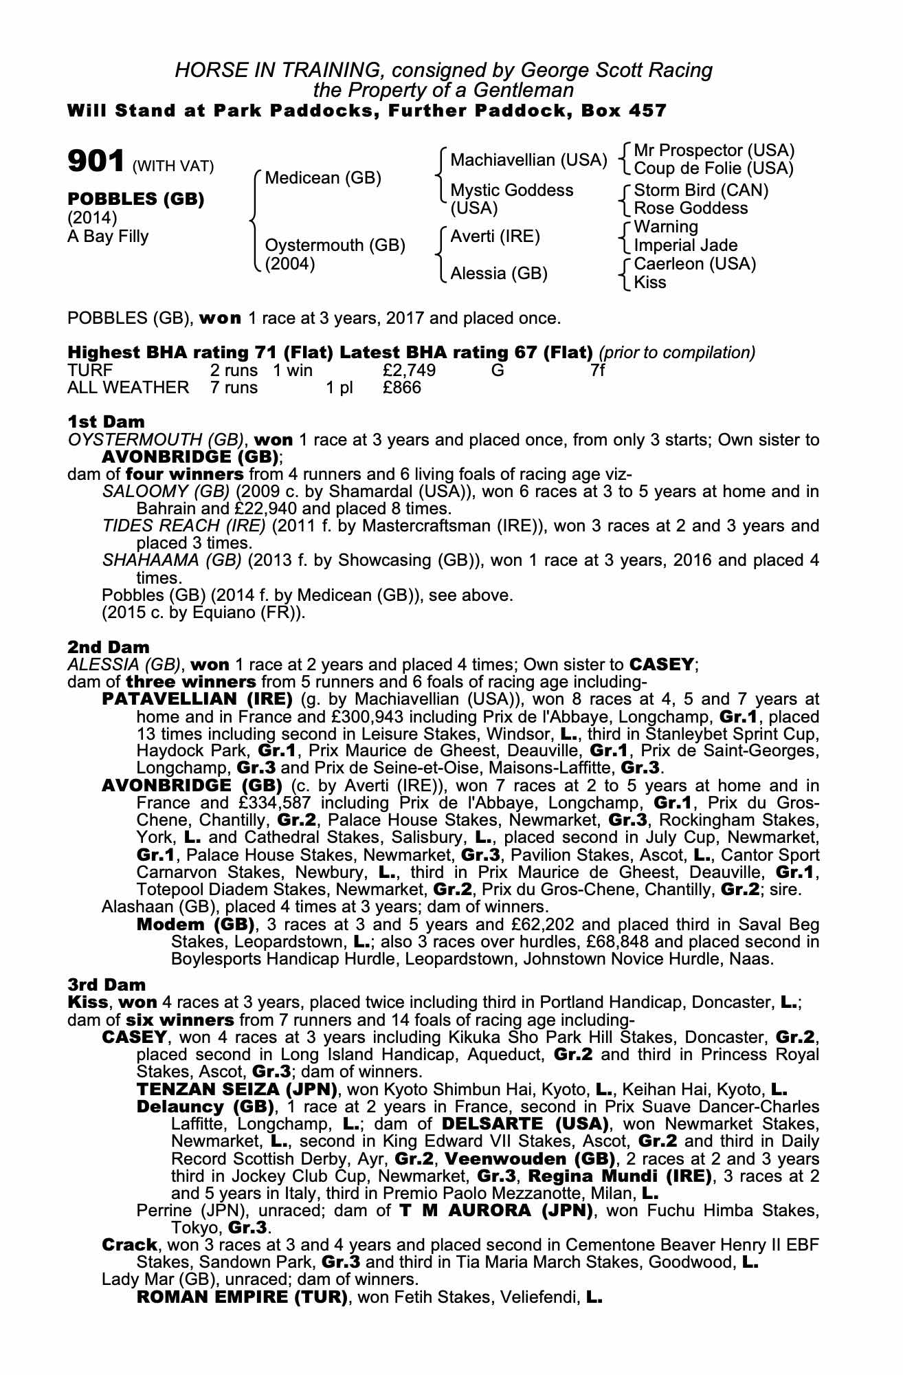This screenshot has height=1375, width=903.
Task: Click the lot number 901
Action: tap(95, 162)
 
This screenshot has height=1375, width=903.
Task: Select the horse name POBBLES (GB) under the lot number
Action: tap(135, 199)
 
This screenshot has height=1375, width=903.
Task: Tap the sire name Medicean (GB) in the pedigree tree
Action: tap(322, 178)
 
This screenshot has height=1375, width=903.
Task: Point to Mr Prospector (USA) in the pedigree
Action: tap(714, 151)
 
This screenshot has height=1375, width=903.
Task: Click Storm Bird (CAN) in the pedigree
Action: tap(701, 190)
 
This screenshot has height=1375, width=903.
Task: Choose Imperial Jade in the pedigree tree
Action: tap(685, 245)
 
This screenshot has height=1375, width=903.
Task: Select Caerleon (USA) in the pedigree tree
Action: tap(695, 264)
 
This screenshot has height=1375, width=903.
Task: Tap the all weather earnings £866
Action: tap(402, 388)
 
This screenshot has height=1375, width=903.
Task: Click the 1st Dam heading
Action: tap(106, 421)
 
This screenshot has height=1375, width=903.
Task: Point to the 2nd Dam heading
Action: tap(108, 647)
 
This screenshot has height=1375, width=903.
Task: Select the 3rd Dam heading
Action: tap(107, 984)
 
